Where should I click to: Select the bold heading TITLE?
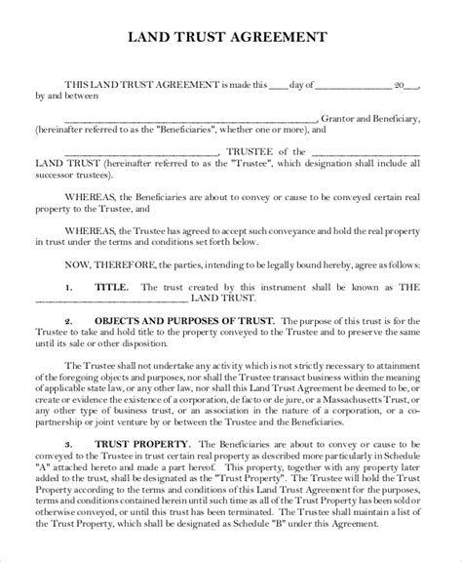[108, 288]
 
